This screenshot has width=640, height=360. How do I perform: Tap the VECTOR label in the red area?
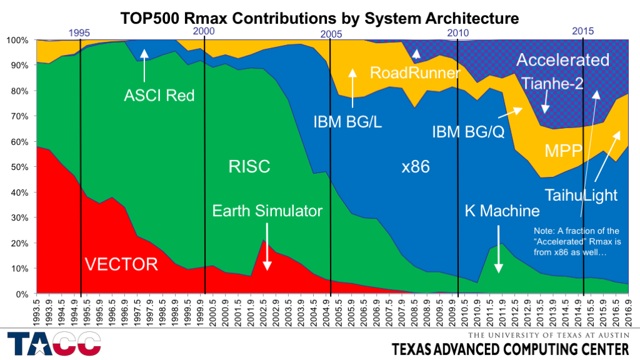point(121,264)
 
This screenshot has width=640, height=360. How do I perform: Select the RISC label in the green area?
point(249,166)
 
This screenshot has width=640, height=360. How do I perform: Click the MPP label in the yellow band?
point(564,151)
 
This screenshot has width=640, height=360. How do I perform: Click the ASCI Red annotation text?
point(159,96)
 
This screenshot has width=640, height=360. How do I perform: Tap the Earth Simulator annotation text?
point(267,211)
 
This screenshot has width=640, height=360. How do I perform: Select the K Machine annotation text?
point(502,211)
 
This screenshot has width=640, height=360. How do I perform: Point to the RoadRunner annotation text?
point(415,72)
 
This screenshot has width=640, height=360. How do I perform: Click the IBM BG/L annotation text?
point(347,121)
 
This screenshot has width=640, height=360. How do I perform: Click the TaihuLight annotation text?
point(581,195)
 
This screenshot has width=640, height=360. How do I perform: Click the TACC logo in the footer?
point(54,344)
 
